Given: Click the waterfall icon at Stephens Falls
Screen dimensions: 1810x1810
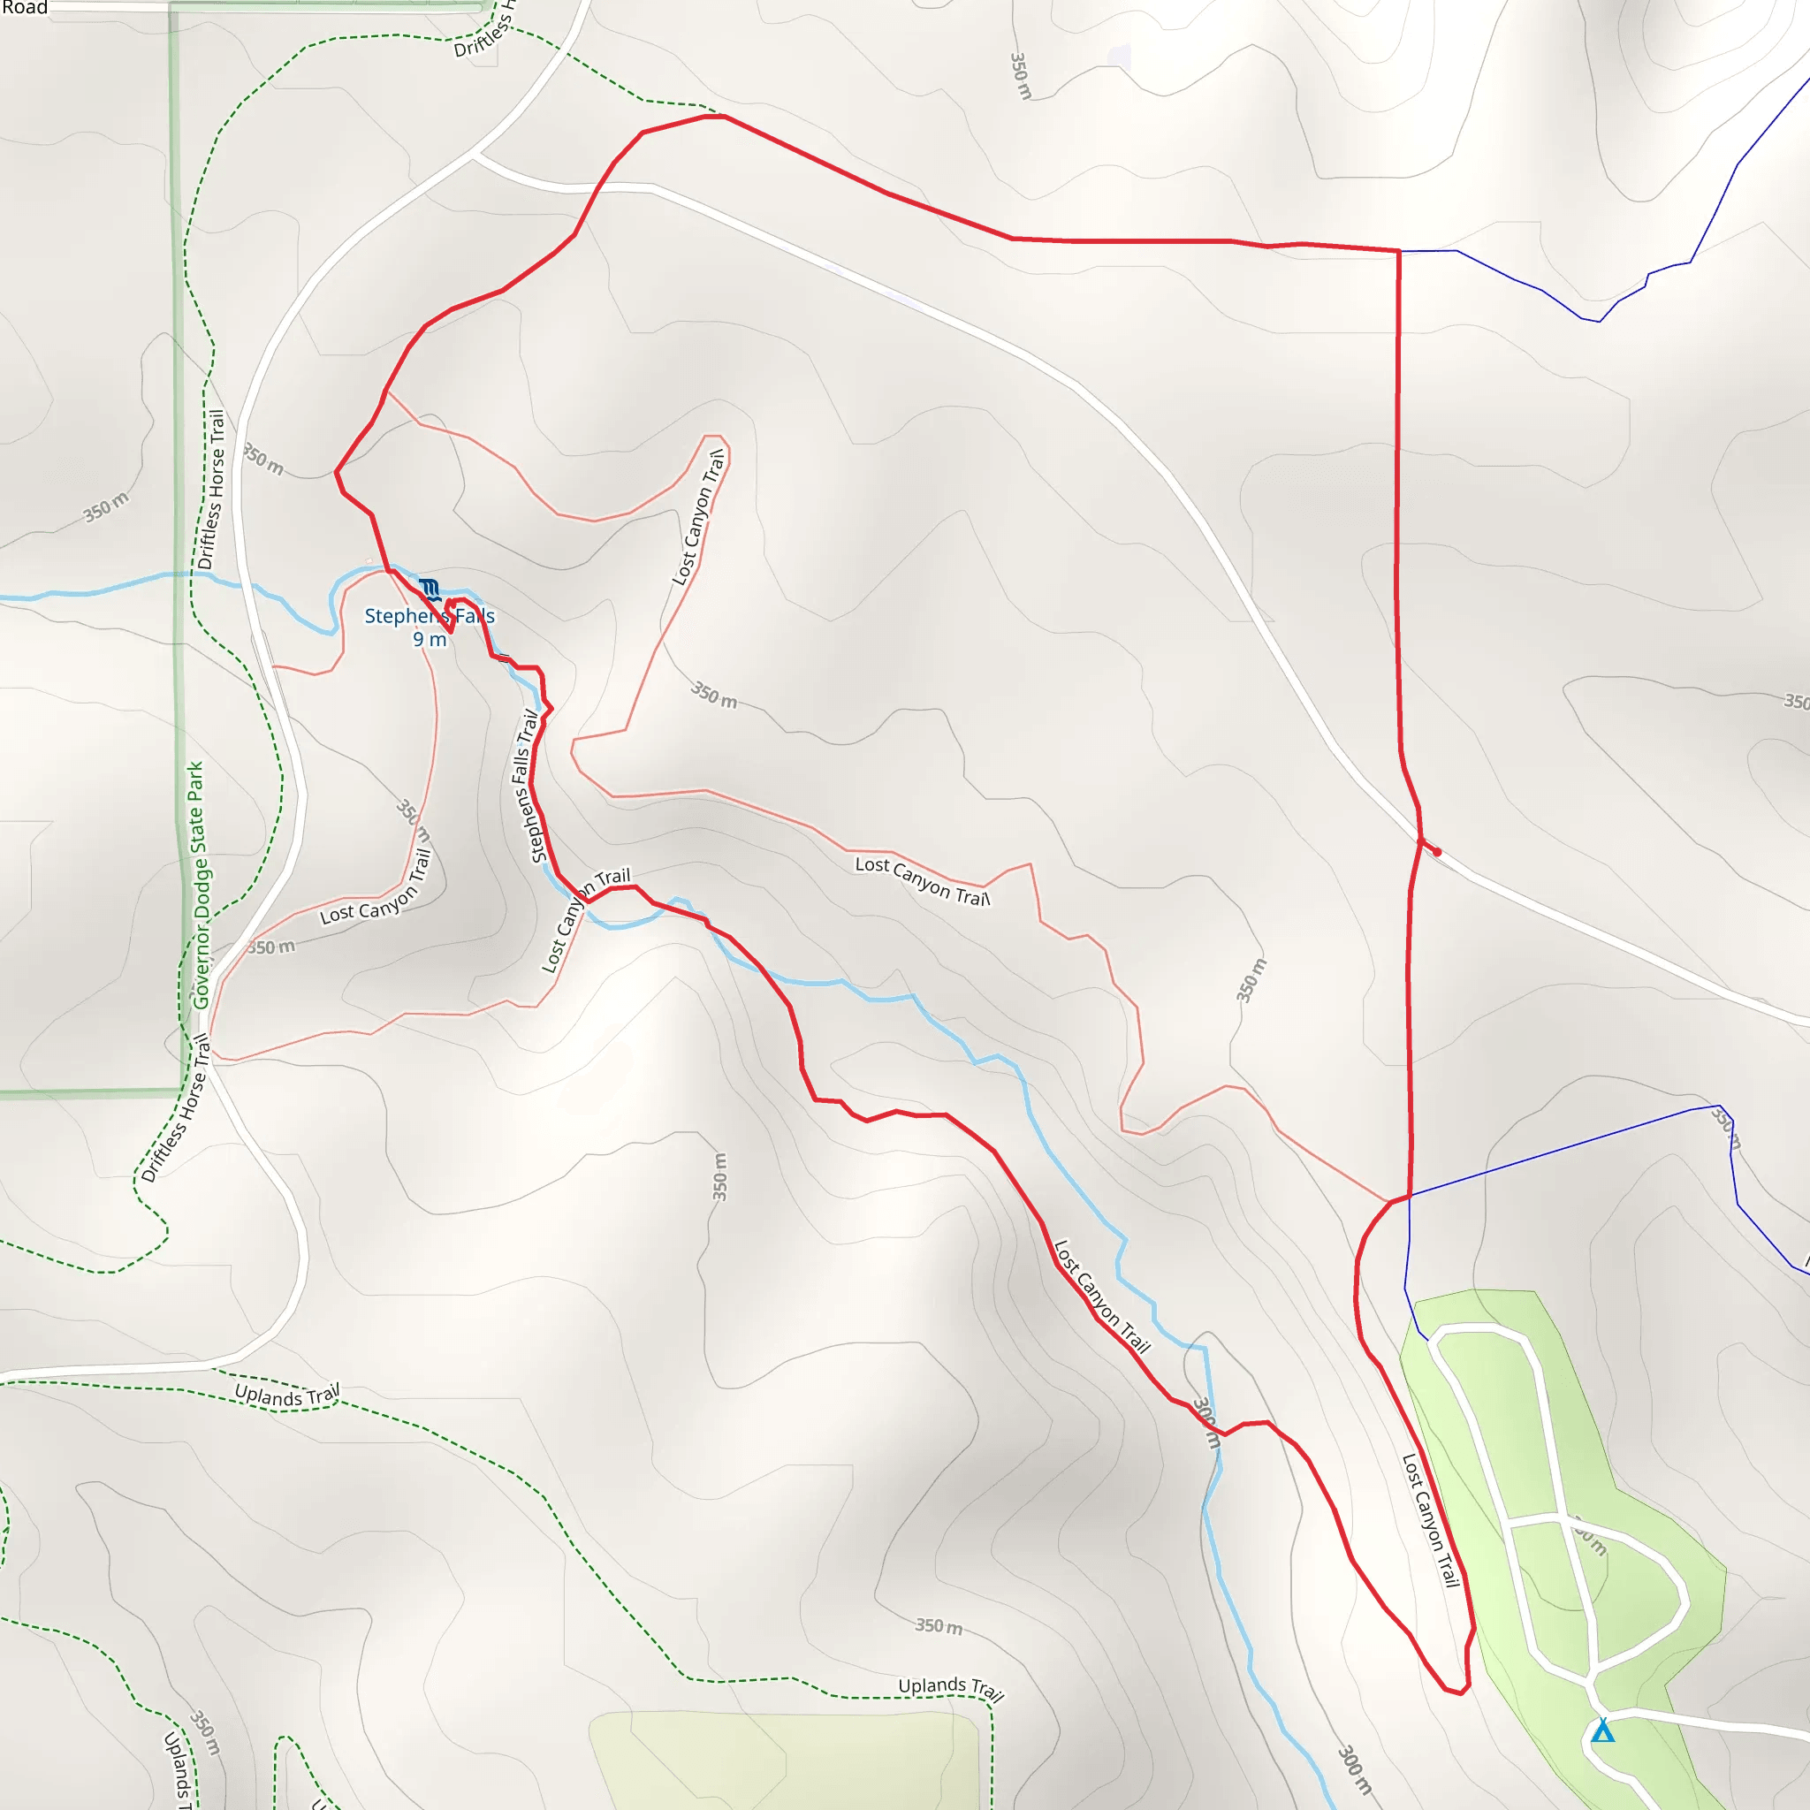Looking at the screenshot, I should [430, 590].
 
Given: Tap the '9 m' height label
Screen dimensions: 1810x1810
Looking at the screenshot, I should [430, 640].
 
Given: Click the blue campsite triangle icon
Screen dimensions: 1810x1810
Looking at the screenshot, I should [1603, 1730].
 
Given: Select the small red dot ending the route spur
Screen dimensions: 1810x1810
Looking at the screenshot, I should [1437, 852].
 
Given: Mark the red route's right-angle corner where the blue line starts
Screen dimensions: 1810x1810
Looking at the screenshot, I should [1399, 251].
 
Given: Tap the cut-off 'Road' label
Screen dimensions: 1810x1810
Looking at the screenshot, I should [25, 7].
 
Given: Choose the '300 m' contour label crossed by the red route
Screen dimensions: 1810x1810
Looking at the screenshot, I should [1206, 1423].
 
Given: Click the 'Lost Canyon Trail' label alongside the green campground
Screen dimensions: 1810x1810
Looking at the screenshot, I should [1431, 1518].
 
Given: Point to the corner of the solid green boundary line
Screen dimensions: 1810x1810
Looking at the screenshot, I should [182, 1091].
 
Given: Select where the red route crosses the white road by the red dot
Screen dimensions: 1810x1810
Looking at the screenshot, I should [1420, 840].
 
